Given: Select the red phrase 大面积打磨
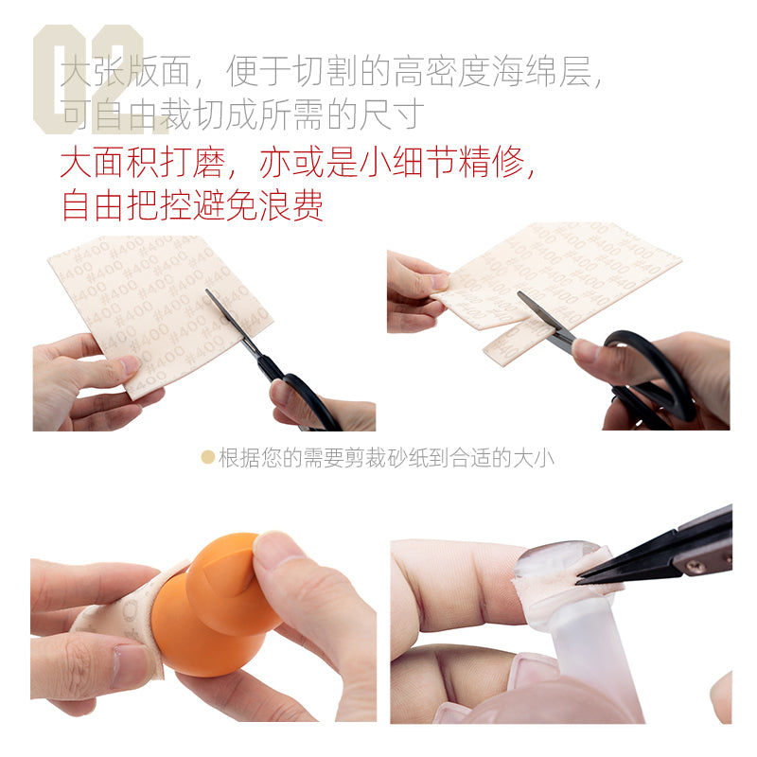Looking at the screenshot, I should pyautogui.click(x=143, y=163).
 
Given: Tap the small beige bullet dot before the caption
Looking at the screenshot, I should pyautogui.click(x=207, y=458).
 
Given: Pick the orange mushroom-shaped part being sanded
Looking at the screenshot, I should pyautogui.click(x=213, y=606).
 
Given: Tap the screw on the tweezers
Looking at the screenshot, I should pyautogui.click(x=695, y=565).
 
